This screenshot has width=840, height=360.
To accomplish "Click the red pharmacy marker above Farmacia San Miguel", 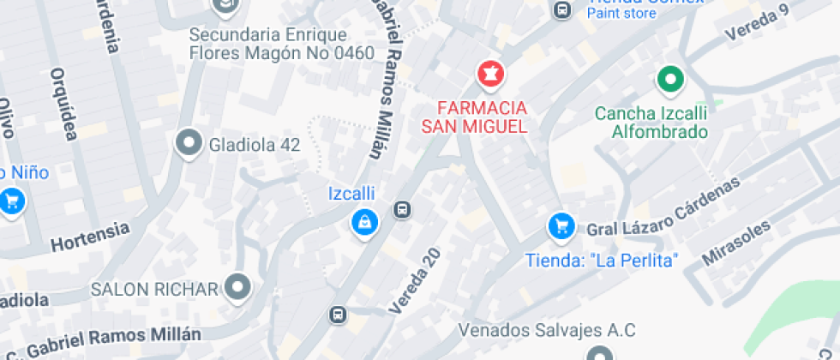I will coord(491,75).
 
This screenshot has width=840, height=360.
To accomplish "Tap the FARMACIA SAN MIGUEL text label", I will coord(474,117).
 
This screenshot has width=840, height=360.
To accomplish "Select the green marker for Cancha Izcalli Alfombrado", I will coord(669,81).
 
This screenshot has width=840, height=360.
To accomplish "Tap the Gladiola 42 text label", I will coord(255,145).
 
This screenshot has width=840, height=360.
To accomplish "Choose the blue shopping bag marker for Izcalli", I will coord(365,223).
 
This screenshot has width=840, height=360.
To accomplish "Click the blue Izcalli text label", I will coord(352,194).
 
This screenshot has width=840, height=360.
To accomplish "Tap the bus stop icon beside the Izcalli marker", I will coord(402,209).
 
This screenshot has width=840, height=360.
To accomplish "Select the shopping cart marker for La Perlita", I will coord(561,227).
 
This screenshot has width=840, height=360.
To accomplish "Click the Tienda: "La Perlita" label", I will coord(602,259).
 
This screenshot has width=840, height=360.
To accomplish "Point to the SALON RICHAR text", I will coord(155,288).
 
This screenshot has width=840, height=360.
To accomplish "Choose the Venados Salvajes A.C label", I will coord(547,330).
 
